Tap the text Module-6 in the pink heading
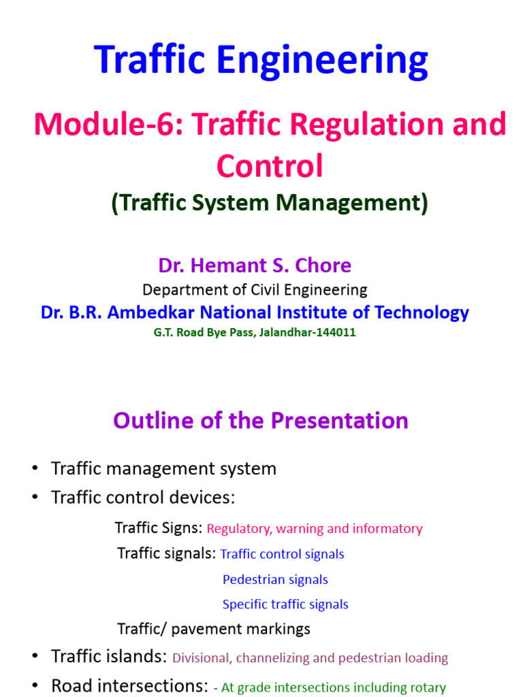[109, 125]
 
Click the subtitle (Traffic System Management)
[270, 203]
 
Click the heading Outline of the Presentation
[261, 420]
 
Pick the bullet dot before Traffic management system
[35, 469]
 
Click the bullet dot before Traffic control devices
[35, 498]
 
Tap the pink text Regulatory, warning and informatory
[315, 528]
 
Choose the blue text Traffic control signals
[282, 554]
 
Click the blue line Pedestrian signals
[275, 579]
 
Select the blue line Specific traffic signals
[285, 604]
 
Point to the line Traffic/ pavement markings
[214, 628]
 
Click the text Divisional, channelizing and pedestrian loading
[310, 658]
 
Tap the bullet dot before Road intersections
[35, 686]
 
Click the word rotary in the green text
[426, 687]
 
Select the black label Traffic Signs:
[158, 528]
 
